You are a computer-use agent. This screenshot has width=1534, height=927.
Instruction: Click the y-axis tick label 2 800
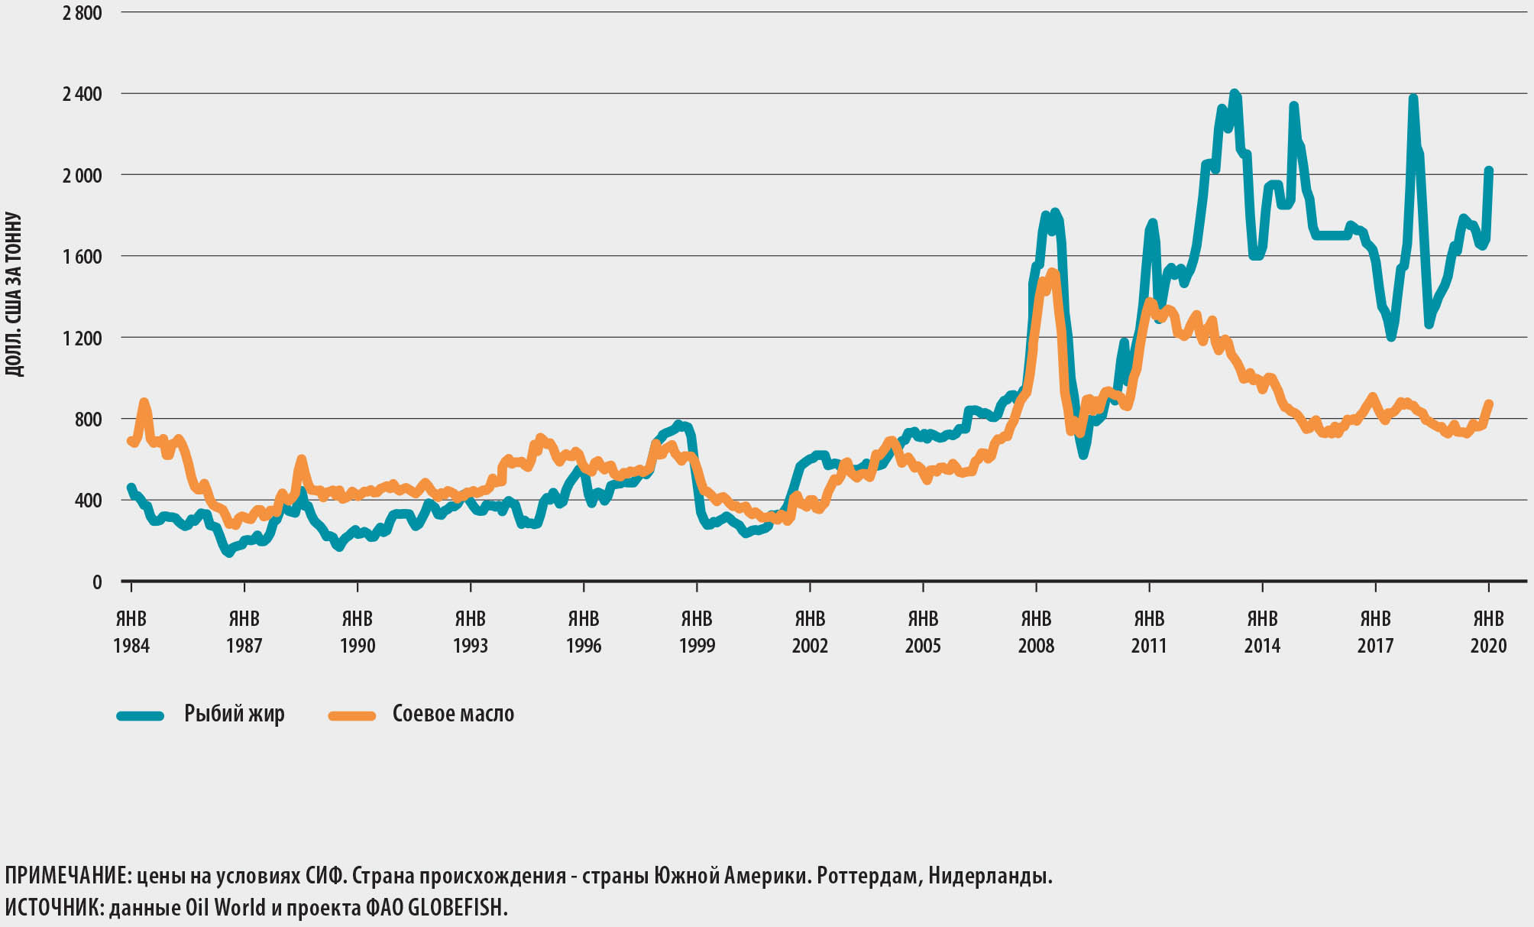pos(82,13)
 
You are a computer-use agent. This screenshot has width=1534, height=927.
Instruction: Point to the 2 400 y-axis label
pos(82,94)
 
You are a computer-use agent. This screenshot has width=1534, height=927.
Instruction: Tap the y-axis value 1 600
pos(82,257)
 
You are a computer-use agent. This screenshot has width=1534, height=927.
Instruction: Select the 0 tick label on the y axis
pos(96,582)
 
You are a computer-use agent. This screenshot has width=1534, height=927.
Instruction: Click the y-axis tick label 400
pos(86,501)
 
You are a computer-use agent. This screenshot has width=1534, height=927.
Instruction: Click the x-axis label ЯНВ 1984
pos(131,632)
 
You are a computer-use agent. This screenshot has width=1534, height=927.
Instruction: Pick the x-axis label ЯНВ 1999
pos(697,632)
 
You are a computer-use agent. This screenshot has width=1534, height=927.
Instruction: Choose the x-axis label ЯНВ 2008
pos(1036,632)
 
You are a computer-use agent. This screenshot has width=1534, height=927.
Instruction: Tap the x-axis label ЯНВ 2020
pos(1488,632)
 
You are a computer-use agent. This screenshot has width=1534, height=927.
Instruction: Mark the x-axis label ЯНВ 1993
pos(471,632)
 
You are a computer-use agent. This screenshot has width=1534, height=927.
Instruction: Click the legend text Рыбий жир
pos(235,714)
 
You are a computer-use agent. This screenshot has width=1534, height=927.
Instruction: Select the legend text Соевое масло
pos(453,714)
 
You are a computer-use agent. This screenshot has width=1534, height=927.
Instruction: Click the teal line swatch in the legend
pos(141,716)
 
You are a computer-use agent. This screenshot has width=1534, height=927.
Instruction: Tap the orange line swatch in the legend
pos(352,716)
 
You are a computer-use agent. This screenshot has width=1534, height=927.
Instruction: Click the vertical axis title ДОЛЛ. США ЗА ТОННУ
pos(14,294)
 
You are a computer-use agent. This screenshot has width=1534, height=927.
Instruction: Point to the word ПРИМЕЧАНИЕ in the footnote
pos(67,876)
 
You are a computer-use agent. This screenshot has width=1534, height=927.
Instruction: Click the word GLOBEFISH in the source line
pos(457,908)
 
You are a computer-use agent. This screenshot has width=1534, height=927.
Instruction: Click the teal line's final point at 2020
pos(1489,170)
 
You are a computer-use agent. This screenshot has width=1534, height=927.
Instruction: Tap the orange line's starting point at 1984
pos(131,441)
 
